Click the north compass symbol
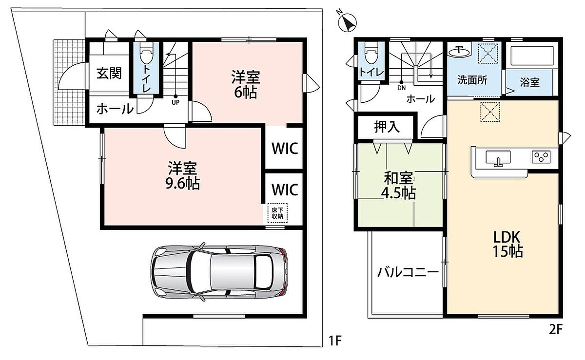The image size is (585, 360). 347,22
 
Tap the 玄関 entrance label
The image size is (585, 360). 109,74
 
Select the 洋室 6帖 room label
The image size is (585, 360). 246,84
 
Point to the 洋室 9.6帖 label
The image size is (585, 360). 182,175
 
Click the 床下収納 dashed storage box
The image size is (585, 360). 277,213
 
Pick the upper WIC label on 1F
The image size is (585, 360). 285,149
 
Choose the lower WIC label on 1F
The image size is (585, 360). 285,189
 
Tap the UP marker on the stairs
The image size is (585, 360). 175,102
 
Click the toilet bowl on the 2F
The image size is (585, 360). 371,53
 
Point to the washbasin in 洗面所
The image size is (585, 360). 459,51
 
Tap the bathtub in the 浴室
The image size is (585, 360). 532,56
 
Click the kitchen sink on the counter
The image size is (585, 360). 498,158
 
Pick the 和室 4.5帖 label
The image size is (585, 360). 399,185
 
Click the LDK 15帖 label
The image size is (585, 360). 507,244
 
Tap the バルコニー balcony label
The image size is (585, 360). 408,272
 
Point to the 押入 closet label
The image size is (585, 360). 387,127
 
